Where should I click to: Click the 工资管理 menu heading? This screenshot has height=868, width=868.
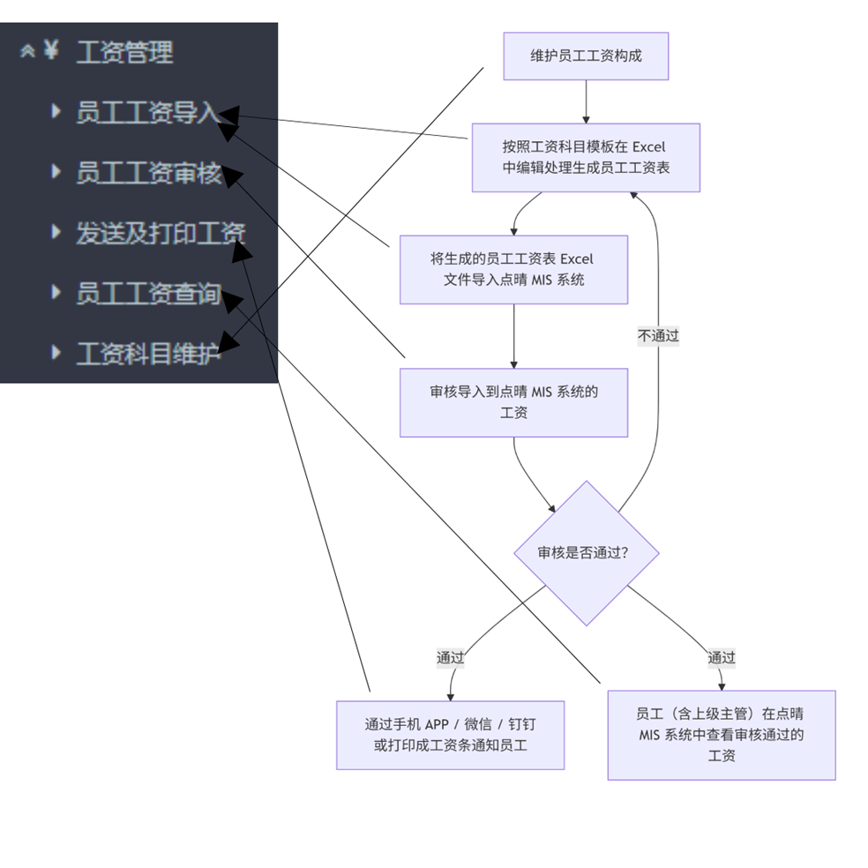tap(124, 53)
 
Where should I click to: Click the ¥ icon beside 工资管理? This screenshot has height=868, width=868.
tap(51, 50)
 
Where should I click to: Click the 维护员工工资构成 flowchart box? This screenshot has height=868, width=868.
tap(586, 56)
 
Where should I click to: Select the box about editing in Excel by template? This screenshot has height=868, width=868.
tap(586, 157)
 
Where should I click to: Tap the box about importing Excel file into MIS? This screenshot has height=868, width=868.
tap(513, 269)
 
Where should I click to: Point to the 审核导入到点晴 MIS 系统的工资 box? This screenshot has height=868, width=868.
tap(513, 401)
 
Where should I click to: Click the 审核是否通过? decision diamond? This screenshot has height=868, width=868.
tap(586, 553)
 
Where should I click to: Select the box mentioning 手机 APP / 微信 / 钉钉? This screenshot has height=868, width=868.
tap(450, 735)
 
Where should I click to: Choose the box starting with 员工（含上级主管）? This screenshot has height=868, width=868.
tap(721, 735)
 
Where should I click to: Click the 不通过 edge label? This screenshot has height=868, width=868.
tap(658, 336)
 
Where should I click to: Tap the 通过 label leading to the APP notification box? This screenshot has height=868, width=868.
tap(450, 657)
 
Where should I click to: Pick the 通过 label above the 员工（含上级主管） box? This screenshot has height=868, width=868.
tap(721, 657)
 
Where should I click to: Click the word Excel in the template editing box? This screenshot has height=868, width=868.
tap(648, 146)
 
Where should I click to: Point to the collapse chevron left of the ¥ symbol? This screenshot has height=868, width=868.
tap(27, 51)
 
